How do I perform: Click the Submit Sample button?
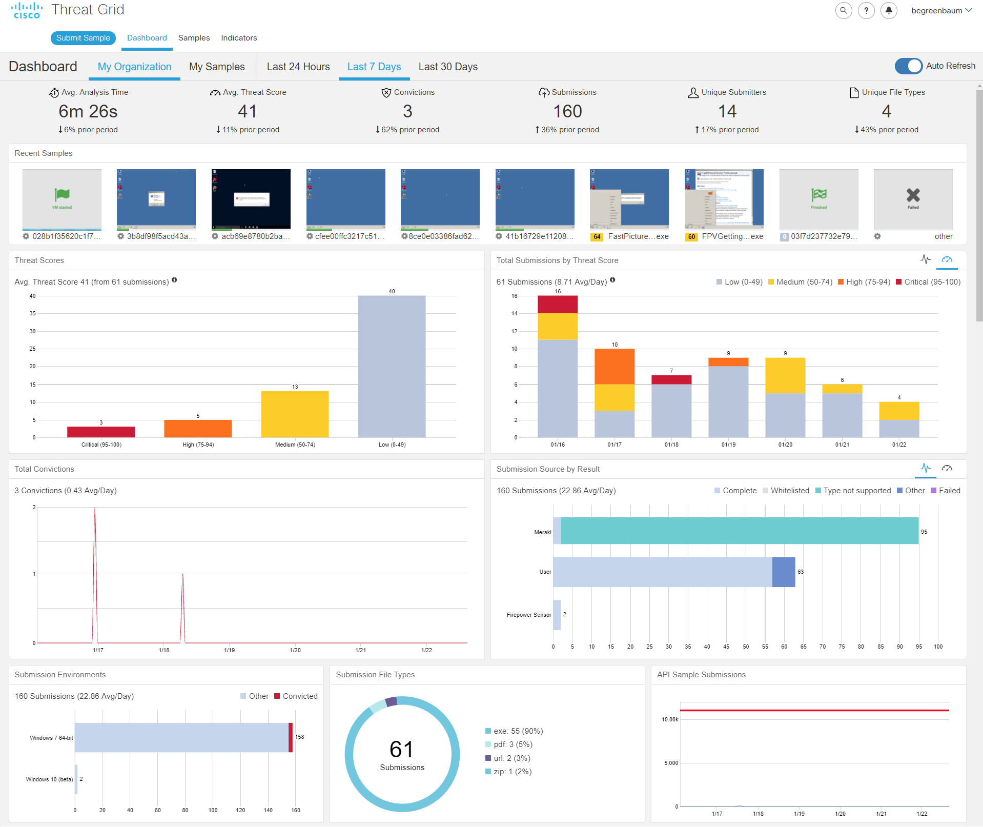coord(83,38)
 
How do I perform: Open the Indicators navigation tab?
coord(239,38)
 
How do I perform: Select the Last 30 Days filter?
coord(448,67)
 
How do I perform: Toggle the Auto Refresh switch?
coord(908,66)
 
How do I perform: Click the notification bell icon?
coord(889,10)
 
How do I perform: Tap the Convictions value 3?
coord(407,111)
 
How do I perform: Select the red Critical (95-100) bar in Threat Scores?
coord(101,432)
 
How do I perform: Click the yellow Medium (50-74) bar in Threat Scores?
coord(295,414)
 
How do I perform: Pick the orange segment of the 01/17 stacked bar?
coord(615,367)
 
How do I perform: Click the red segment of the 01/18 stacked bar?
coord(671,380)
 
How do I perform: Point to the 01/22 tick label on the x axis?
coord(899,445)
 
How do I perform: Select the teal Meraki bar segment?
coord(739,531)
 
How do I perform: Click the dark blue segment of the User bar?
coord(784,572)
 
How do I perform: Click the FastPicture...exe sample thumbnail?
coord(629,199)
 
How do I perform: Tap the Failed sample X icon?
coord(913,195)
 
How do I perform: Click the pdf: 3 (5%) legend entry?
coord(513,744)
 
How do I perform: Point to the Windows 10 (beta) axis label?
coord(49,779)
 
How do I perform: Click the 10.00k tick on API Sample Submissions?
coord(670,719)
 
